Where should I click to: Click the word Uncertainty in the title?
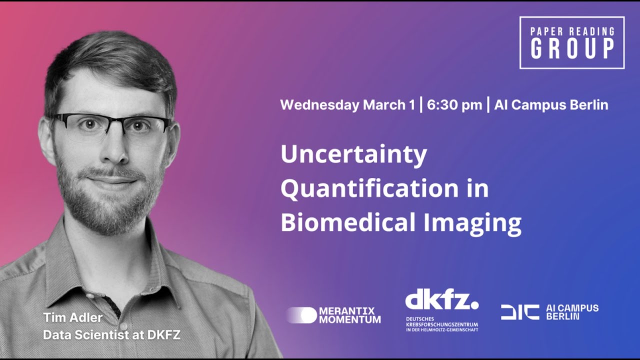(353, 155)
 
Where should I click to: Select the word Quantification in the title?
(369, 189)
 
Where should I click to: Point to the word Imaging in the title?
(472, 223)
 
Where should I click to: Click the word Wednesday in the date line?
(319, 105)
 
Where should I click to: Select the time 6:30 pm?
(454, 105)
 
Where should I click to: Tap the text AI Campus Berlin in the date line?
(551, 105)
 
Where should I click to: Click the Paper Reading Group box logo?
(572, 42)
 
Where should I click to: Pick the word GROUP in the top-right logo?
(572, 48)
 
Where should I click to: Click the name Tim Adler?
(72, 317)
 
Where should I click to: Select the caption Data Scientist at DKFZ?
(111, 335)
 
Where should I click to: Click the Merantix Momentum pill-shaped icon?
(301, 315)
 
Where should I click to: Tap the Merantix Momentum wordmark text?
(349, 315)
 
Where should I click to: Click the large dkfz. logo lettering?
(441, 300)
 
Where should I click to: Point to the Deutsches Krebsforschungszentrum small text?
(441, 324)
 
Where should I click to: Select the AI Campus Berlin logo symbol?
(520, 312)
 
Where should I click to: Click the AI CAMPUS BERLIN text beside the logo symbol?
(572, 312)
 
